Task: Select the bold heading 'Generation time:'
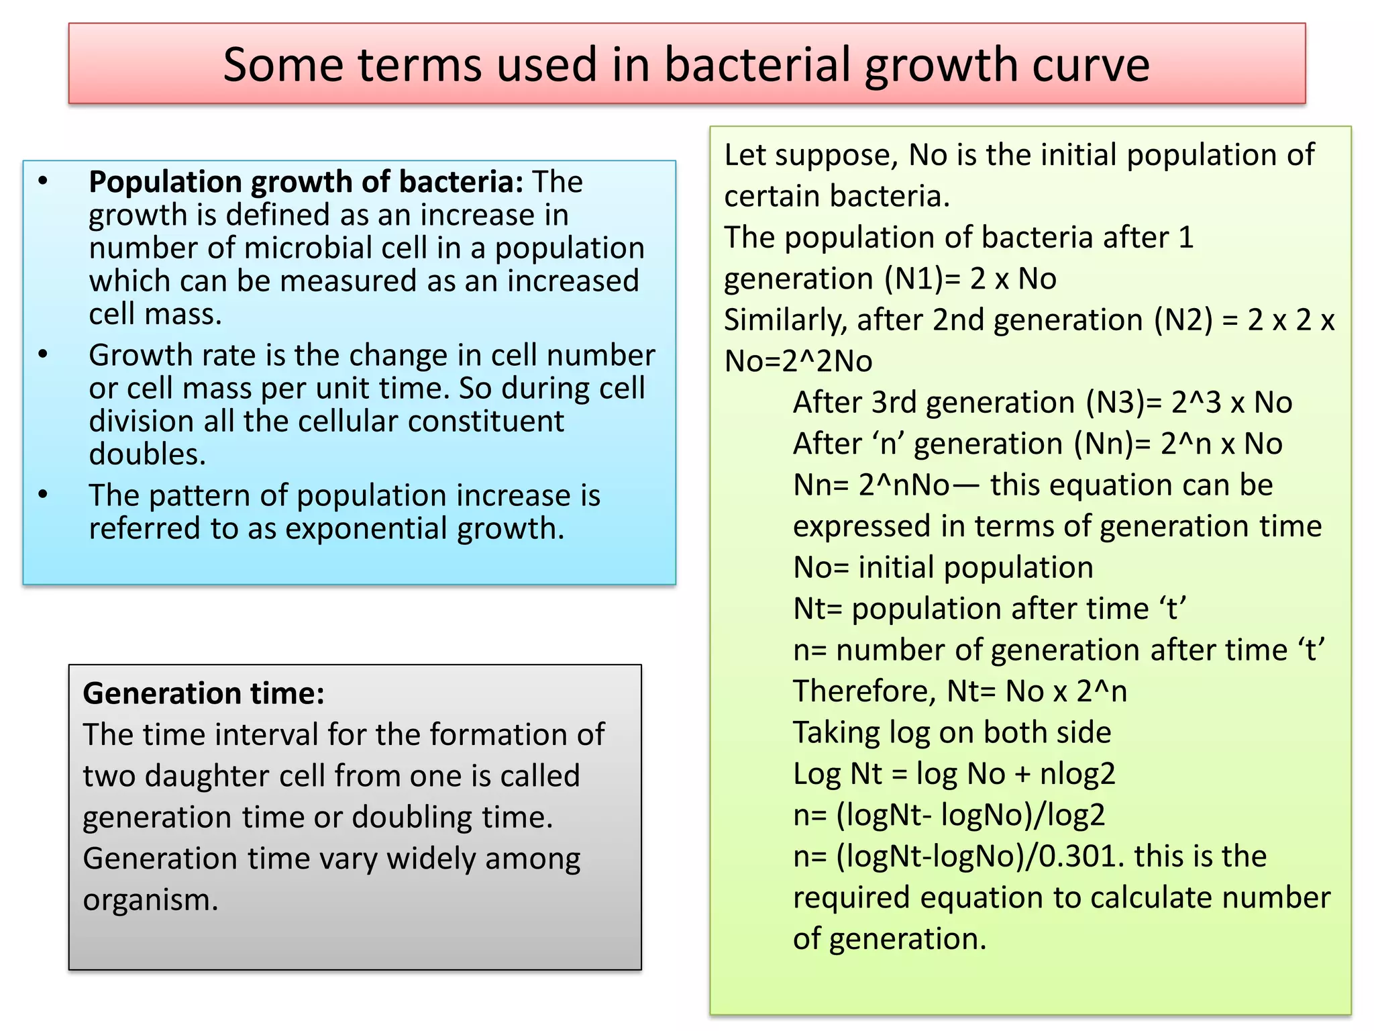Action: click(203, 693)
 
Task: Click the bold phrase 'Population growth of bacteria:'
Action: click(306, 182)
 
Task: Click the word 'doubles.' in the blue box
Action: click(148, 454)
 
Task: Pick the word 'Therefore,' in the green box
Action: click(864, 691)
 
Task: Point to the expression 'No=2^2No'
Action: click(798, 362)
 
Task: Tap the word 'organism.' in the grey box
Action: click(151, 900)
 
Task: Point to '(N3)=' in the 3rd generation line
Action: click(1124, 403)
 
